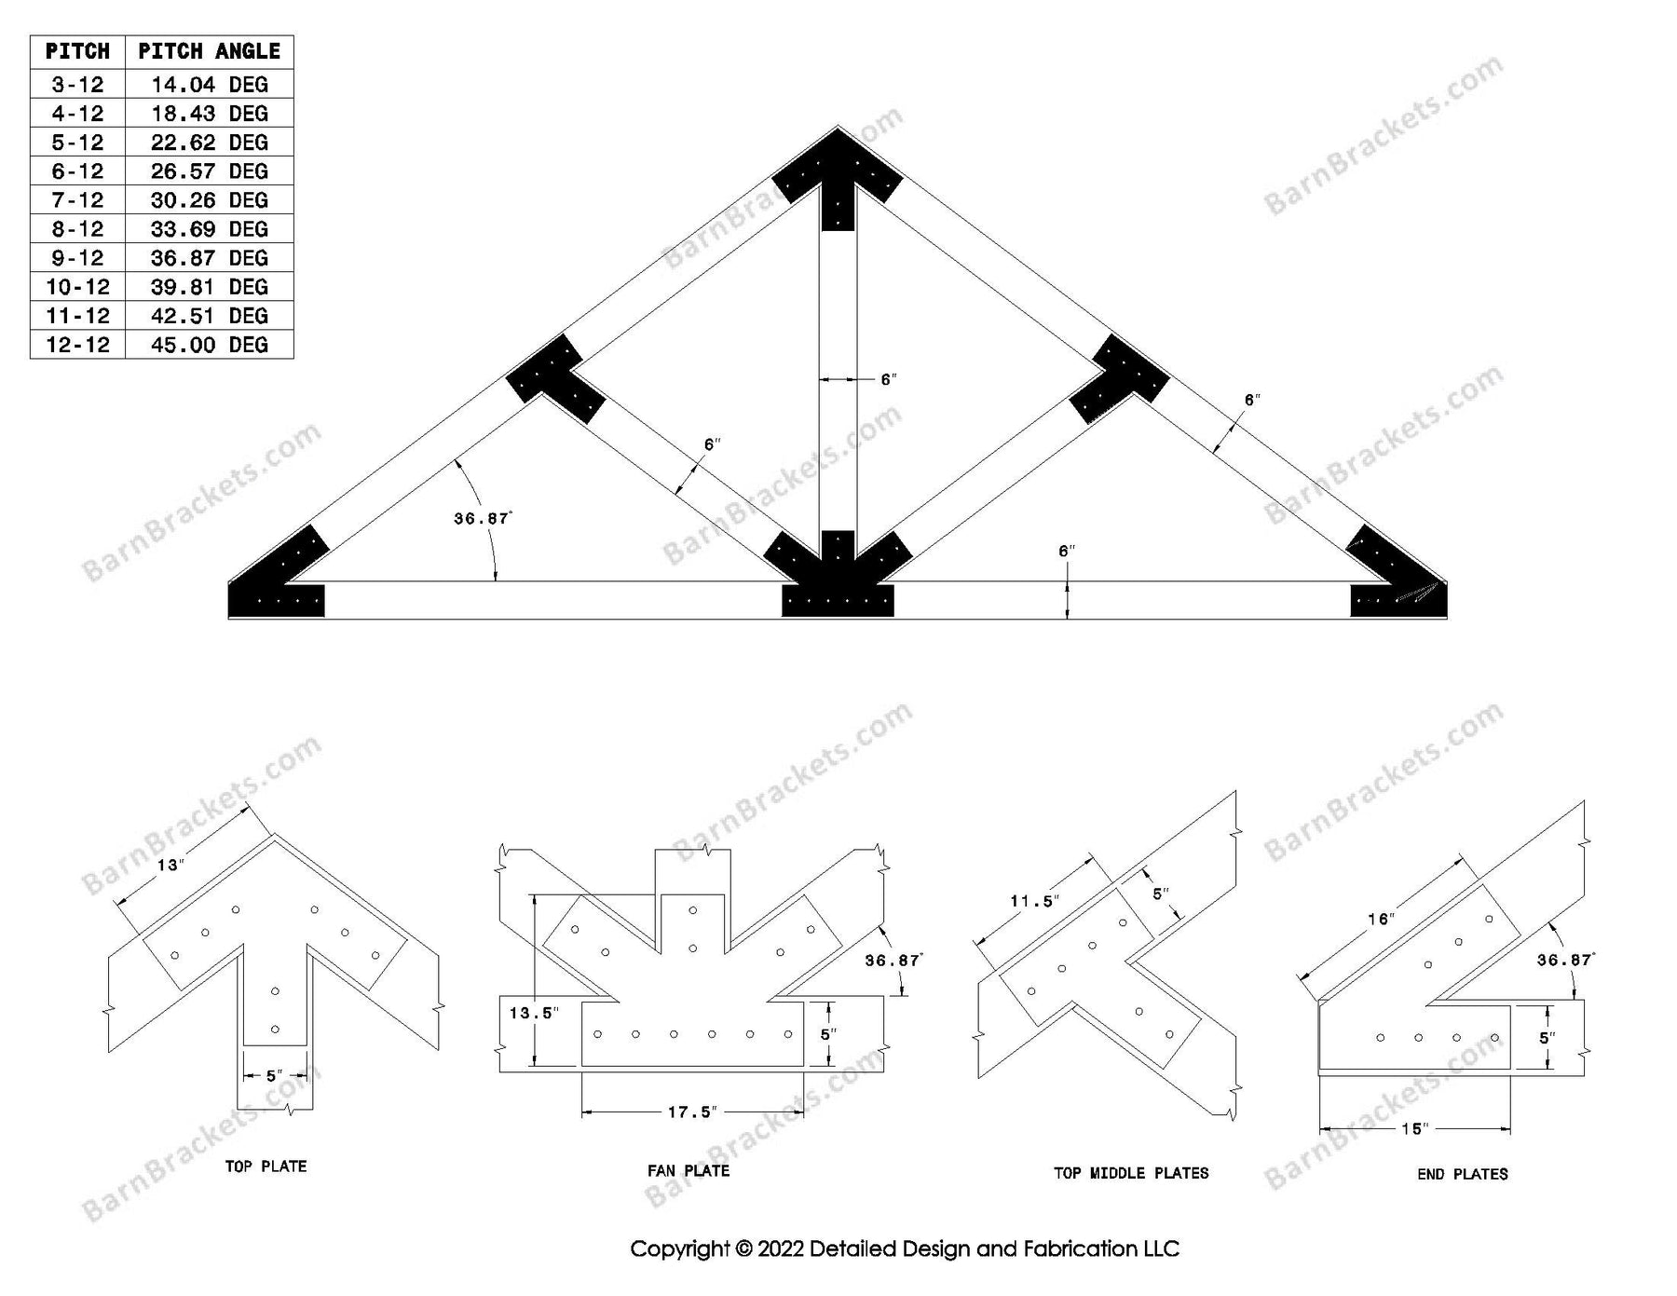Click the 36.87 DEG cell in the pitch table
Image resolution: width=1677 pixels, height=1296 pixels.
(x=209, y=258)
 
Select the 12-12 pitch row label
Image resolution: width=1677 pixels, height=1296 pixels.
(x=77, y=345)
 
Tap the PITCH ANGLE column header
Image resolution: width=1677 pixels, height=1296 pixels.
(x=209, y=51)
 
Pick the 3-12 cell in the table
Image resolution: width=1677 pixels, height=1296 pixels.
(x=77, y=85)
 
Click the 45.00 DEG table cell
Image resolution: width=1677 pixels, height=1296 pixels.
(x=209, y=345)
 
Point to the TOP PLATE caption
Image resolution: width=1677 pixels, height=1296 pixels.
(x=266, y=1166)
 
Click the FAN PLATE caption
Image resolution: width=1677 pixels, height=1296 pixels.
(x=689, y=1171)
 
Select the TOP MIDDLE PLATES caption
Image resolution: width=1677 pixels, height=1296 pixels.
(x=1131, y=1173)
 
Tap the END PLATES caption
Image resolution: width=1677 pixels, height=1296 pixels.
(x=1462, y=1174)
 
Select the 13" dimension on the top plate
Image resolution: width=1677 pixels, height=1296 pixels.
(x=170, y=866)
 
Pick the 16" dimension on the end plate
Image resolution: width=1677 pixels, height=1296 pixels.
(x=1380, y=920)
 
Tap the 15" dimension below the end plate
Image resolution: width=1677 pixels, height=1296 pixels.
(x=1413, y=1129)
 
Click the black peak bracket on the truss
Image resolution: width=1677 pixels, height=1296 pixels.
(x=838, y=172)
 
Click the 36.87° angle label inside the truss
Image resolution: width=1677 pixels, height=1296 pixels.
(x=483, y=519)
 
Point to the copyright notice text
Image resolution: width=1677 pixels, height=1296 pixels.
(x=904, y=1248)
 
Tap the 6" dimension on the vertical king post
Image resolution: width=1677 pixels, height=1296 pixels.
(x=888, y=379)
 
